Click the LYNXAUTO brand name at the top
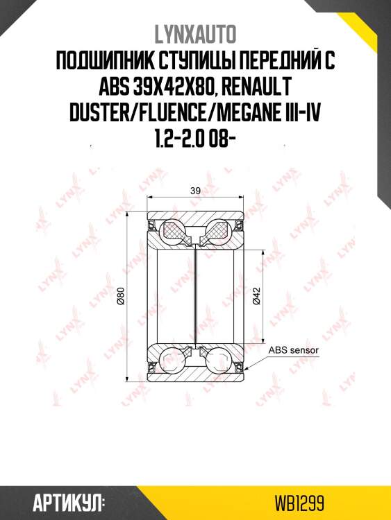pyautogui.click(x=195, y=35)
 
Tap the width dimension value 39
pyautogui.click(x=195, y=191)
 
